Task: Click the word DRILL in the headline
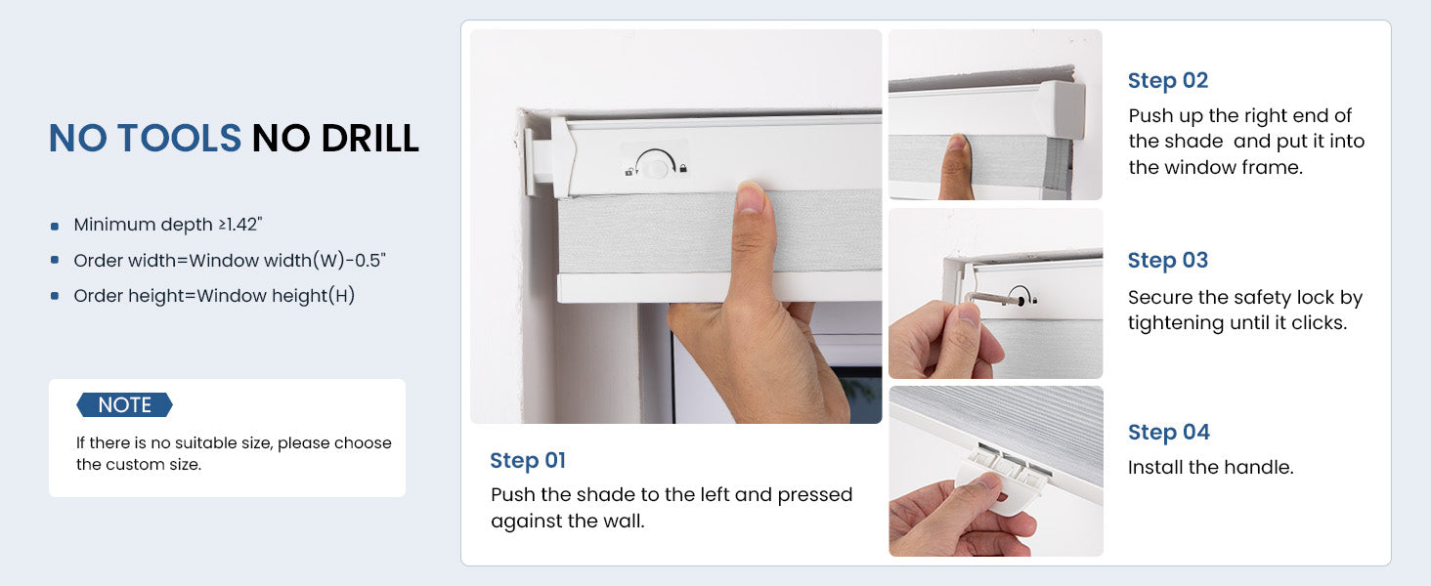click(369, 139)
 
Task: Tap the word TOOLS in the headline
click(180, 139)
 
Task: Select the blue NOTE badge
click(124, 404)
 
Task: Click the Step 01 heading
click(528, 460)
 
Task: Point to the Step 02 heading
click(1168, 80)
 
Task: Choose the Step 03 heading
click(1168, 261)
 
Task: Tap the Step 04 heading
click(1168, 432)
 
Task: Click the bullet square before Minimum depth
click(55, 226)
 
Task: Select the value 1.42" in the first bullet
click(244, 224)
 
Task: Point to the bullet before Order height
click(55, 296)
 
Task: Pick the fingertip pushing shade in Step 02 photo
click(956, 146)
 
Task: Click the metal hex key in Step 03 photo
click(992, 298)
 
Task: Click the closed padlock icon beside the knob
click(683, 169)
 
